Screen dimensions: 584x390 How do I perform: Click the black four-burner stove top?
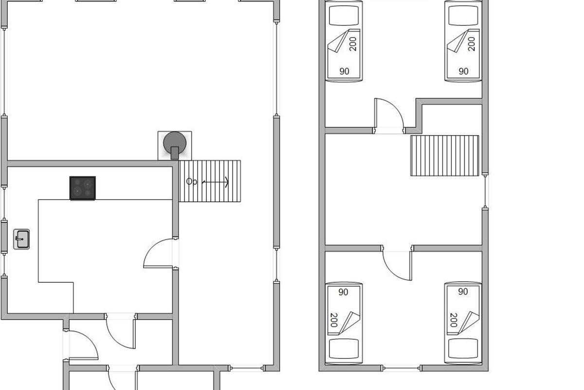tap(82, 188)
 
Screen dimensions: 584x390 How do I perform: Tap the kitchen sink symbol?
tap(21, 239)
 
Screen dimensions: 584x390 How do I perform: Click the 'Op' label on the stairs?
tap(192, 181)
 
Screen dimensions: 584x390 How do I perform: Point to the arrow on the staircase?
tap(215, 182)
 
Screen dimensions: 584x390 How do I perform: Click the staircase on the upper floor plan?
tap(444, 156)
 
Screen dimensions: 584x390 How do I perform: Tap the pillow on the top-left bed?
tap(344, 16)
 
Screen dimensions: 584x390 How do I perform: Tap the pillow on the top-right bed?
tap(463, 16)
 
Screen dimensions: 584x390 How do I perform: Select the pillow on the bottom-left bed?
tap(344, 349)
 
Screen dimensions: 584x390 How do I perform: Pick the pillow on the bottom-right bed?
tap(463, 349)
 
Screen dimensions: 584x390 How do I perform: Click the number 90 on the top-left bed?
tap(344, 71)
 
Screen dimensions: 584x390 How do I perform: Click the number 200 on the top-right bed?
tap(472, 44)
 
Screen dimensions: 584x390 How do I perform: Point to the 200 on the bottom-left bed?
tap(334, 320)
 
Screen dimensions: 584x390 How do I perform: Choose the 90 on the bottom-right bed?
tap(463, 292)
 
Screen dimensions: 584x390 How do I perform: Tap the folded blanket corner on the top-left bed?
tap(338, 41)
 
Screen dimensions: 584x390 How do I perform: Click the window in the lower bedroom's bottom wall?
tap(402, 369)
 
